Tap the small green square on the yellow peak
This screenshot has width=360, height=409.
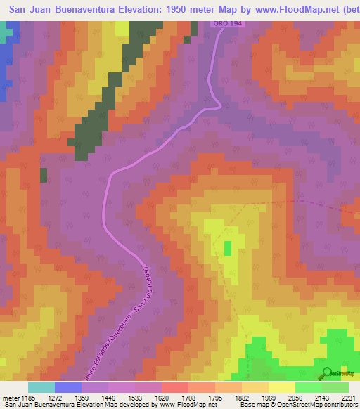pos(228,248)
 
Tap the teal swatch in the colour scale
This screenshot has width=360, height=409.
pos(41,387)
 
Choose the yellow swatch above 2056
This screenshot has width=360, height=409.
pos(282,387)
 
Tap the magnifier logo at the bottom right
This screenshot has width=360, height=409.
pos(328,372)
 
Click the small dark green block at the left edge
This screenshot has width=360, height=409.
pos(44,175)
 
